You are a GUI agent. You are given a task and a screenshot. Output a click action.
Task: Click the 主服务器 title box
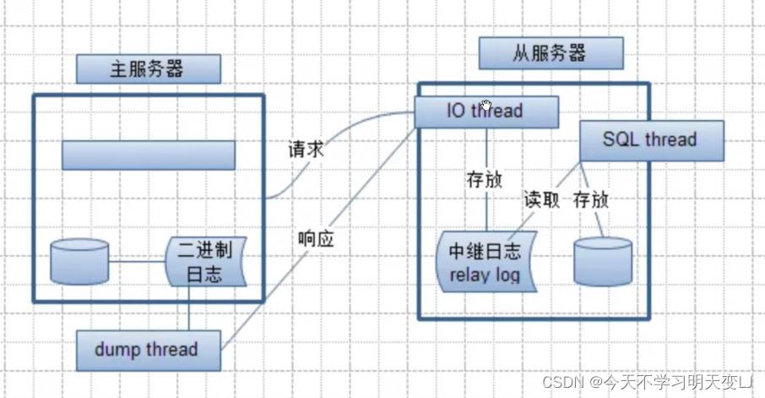(148, 69)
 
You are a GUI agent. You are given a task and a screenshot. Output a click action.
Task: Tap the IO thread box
(486, 111)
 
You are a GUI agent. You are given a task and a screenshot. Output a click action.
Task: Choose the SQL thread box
(650, 140)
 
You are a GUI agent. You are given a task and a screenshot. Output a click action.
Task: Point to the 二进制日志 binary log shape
(205, 262)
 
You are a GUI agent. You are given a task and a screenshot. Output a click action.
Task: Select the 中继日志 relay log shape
(485, 263)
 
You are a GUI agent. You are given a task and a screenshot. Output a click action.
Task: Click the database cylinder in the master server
(80, 260)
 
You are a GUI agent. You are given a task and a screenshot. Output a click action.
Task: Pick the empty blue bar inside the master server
(148, 155)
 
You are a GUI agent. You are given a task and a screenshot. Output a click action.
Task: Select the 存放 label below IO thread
(485, 180)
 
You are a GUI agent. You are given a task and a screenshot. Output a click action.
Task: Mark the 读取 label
(542, 200)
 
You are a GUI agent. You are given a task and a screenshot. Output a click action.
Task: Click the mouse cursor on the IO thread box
(486, 106)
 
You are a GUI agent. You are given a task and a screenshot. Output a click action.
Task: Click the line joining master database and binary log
(138, 261)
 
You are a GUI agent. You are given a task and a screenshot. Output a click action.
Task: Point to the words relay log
(485, 275)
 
